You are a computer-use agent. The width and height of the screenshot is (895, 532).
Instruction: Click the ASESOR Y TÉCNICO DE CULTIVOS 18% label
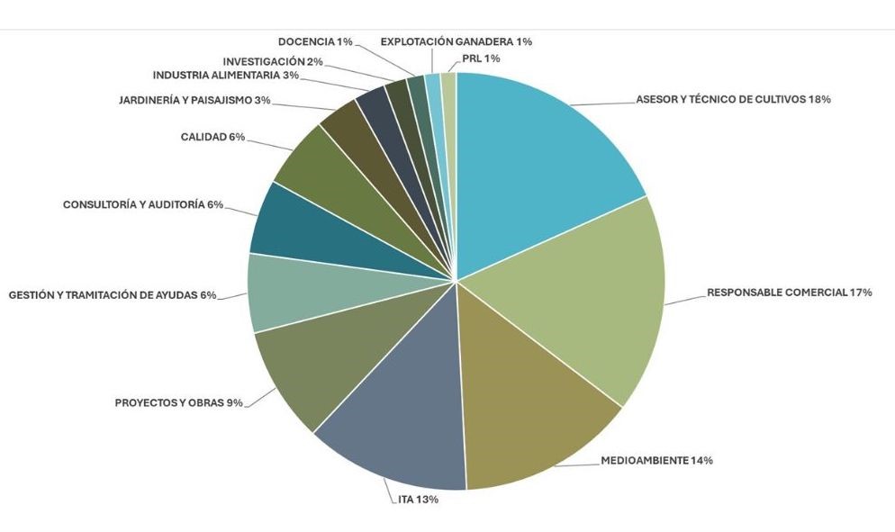[x=732, y=100]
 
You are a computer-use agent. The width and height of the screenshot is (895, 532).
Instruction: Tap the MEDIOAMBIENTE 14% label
[x=656, y=461]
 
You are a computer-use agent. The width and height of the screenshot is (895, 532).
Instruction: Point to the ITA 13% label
[x=418, y=500]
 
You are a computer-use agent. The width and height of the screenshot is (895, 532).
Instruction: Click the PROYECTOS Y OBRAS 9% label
[x=178, y=402]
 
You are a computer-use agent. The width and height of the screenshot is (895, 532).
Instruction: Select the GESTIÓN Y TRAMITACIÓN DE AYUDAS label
[x=112, y=295]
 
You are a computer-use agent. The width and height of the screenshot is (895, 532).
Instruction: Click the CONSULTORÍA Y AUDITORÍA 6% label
[x=142, y=205]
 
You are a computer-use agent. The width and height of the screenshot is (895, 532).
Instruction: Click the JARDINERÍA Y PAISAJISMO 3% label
[x=194, y=100]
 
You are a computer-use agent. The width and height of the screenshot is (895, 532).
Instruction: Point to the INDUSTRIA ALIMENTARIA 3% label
[x=225, y=76]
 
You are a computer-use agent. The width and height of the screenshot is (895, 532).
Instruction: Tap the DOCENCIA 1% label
[x=315, y=41]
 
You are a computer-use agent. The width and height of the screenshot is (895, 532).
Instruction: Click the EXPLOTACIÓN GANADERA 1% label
[x=456, y=41]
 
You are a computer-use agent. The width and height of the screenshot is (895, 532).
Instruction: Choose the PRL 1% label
[x=480, y=59]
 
